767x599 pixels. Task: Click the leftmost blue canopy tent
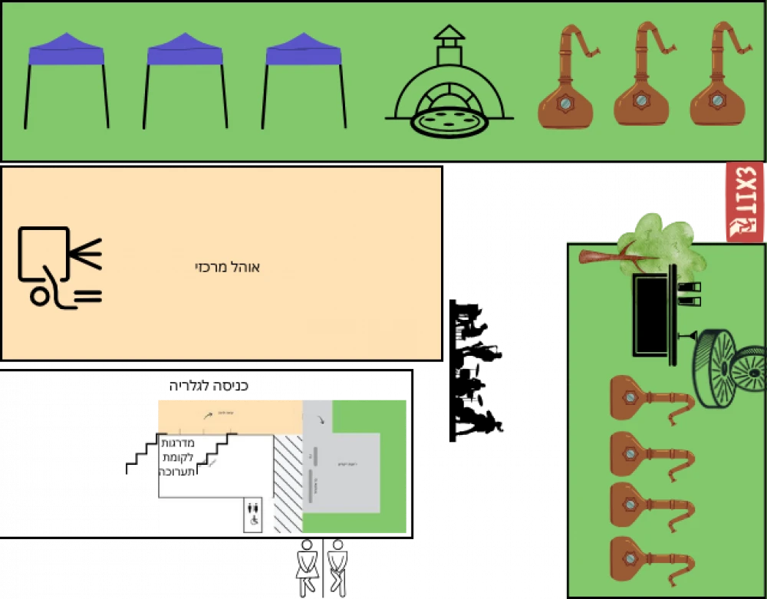(x=66, y=52)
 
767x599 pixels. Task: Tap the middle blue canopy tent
(x=185, y=52)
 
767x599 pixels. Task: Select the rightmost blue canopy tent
(x=304, y=52)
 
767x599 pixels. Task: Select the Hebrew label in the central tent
(x=228, y=268)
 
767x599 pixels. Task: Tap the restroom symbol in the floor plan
(x=253, y=512)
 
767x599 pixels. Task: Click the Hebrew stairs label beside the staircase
(x=178, y=457)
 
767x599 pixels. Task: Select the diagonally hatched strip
(x=288, y=483)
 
